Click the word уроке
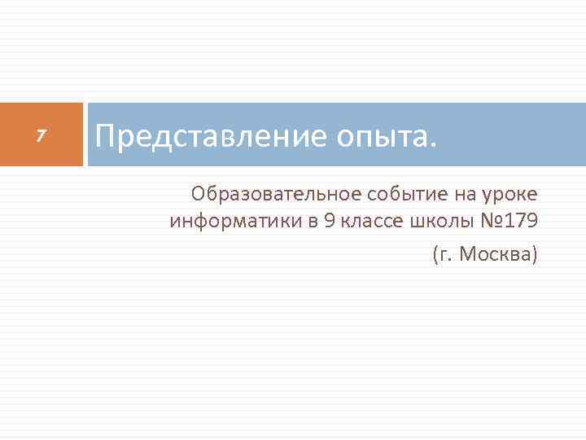[x=512, y=196]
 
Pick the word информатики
[x=236, y=222]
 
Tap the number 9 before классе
[x=329, y=222]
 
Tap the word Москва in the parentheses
[x=495, y=256]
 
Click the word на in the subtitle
[x=461, y=194]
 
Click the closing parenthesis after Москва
[x=535, y=256]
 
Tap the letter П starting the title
[x=104, y=135]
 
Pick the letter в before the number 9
[x=313, y=222]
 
